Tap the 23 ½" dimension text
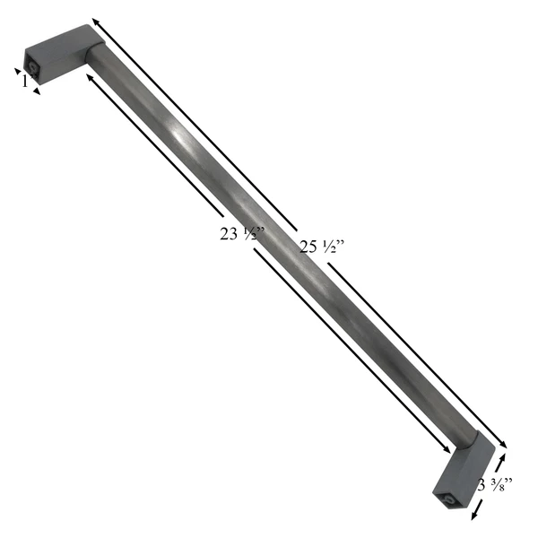coord(241,235)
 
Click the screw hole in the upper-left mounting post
coord(32,67)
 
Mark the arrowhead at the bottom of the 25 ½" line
coord(504,445)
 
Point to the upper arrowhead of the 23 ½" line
coord(88,78)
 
